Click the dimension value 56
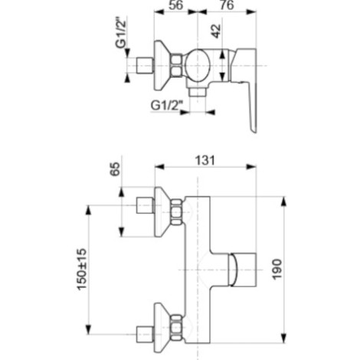[176, 5]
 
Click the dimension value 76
[227, 5]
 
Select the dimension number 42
[216, 31]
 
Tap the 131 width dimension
[205, 161]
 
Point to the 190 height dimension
[277, 270]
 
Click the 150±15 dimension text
[82, 270]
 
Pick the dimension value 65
[115, 169]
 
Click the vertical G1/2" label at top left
[121, 33]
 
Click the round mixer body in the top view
[198, 65]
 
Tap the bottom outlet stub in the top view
[198, 93]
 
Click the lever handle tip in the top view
[254, 129]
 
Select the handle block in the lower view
[243, 270]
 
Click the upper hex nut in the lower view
[176, 212]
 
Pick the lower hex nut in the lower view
[176, 328]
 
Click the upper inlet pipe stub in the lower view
[145, 205]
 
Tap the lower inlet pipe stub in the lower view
[145, 334]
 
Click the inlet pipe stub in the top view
[145, 66]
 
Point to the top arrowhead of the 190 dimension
[283, 201]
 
